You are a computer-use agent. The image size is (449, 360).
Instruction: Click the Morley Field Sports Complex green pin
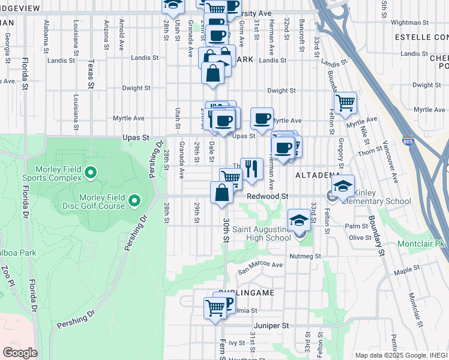tap(91, 173)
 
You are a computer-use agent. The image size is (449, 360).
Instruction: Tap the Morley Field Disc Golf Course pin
tap(134, 200)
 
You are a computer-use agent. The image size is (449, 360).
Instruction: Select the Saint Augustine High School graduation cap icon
tap(298, 220)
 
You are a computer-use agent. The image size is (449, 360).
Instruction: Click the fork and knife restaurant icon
tap(252, 169)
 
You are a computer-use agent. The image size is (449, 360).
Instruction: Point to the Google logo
tap(20, 353)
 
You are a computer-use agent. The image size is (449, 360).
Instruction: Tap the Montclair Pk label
tap(421, 244)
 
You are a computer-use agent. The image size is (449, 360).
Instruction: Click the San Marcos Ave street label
tap(260, 265)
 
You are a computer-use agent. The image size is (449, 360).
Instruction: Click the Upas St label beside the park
tap(136, 137)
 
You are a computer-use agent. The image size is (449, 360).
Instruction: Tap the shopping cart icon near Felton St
tap(345, 103)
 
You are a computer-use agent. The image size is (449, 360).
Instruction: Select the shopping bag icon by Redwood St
tap(221, 192)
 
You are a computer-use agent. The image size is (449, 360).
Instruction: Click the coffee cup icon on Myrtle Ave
tap(261, 118)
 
